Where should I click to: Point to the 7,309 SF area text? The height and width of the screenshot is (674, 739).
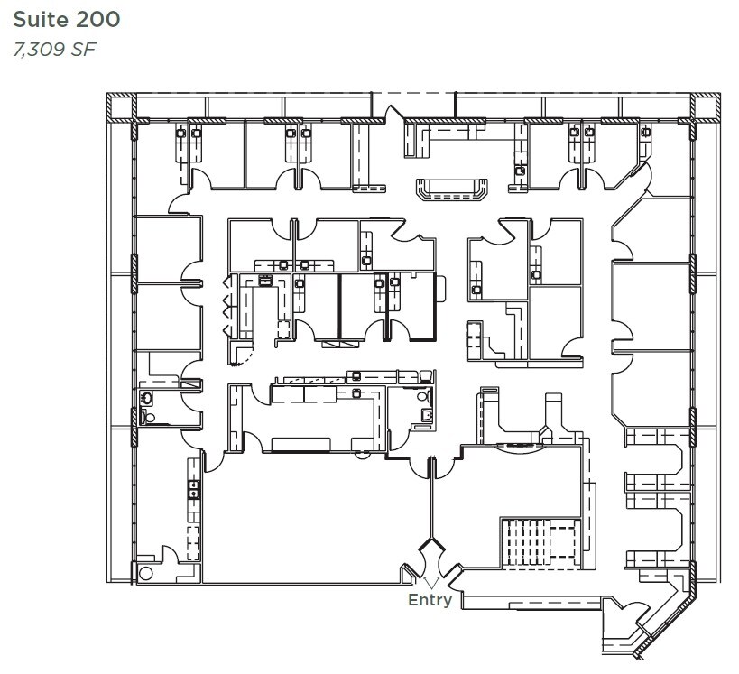tap(55, 49)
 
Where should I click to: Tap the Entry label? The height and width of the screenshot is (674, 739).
tap(430, 600)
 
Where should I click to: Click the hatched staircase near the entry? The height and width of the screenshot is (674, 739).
tap(540, 543)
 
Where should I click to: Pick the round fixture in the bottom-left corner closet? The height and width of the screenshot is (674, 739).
tap(145, 574)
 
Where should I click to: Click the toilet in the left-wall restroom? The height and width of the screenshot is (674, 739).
tap(147, 417)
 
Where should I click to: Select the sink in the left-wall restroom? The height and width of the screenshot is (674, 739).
tap(147, 399)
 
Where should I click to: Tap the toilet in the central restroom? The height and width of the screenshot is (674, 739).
tap(424, 396)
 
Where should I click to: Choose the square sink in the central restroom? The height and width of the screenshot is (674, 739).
tap(427, 414)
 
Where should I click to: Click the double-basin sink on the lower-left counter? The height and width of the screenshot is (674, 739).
tap(194, 489)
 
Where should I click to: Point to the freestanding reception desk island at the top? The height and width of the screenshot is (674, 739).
tap(451, 189)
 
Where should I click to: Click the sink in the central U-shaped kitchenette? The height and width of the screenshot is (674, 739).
tap(265, 281)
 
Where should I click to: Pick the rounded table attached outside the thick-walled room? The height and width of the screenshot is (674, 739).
tap(441, 290)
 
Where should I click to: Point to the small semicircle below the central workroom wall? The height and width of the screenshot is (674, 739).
tap(362, 456)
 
